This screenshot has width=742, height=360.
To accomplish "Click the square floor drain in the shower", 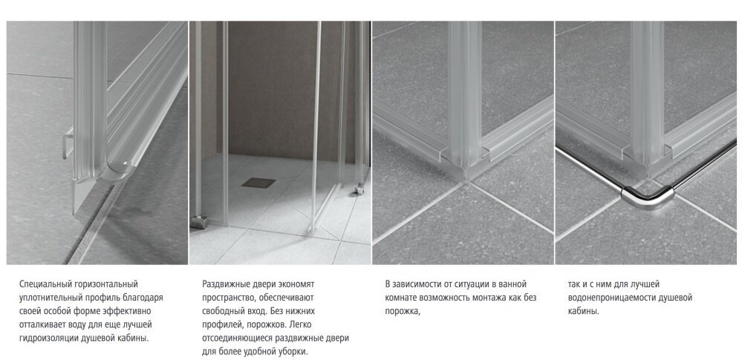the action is coord(258,183).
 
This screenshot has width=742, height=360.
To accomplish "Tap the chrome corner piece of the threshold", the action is coord(648,197).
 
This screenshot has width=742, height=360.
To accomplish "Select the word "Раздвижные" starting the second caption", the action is coord(224,284).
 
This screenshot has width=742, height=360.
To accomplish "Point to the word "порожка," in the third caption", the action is coord(403,312).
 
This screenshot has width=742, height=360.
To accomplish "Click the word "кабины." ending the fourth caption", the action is coord(584,312).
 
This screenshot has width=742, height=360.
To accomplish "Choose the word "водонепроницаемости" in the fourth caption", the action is coord(611,298).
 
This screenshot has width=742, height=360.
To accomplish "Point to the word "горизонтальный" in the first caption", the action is coord(105,284).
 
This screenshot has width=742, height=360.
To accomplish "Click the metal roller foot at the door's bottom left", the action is coord(199,221).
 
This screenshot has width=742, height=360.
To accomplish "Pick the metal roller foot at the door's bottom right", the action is coord(359,189).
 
